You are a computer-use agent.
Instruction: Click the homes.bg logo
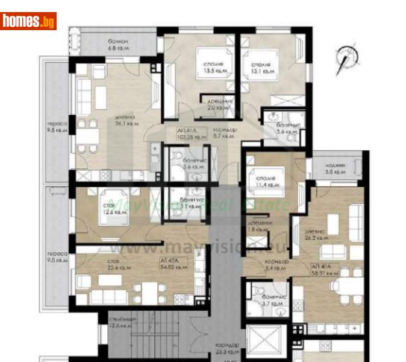click(28, 21)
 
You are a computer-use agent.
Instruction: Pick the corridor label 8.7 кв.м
click(224, 133)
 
